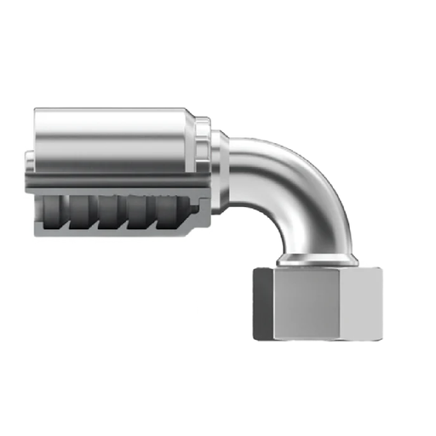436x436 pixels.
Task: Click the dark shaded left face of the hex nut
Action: tap(263, 301)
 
